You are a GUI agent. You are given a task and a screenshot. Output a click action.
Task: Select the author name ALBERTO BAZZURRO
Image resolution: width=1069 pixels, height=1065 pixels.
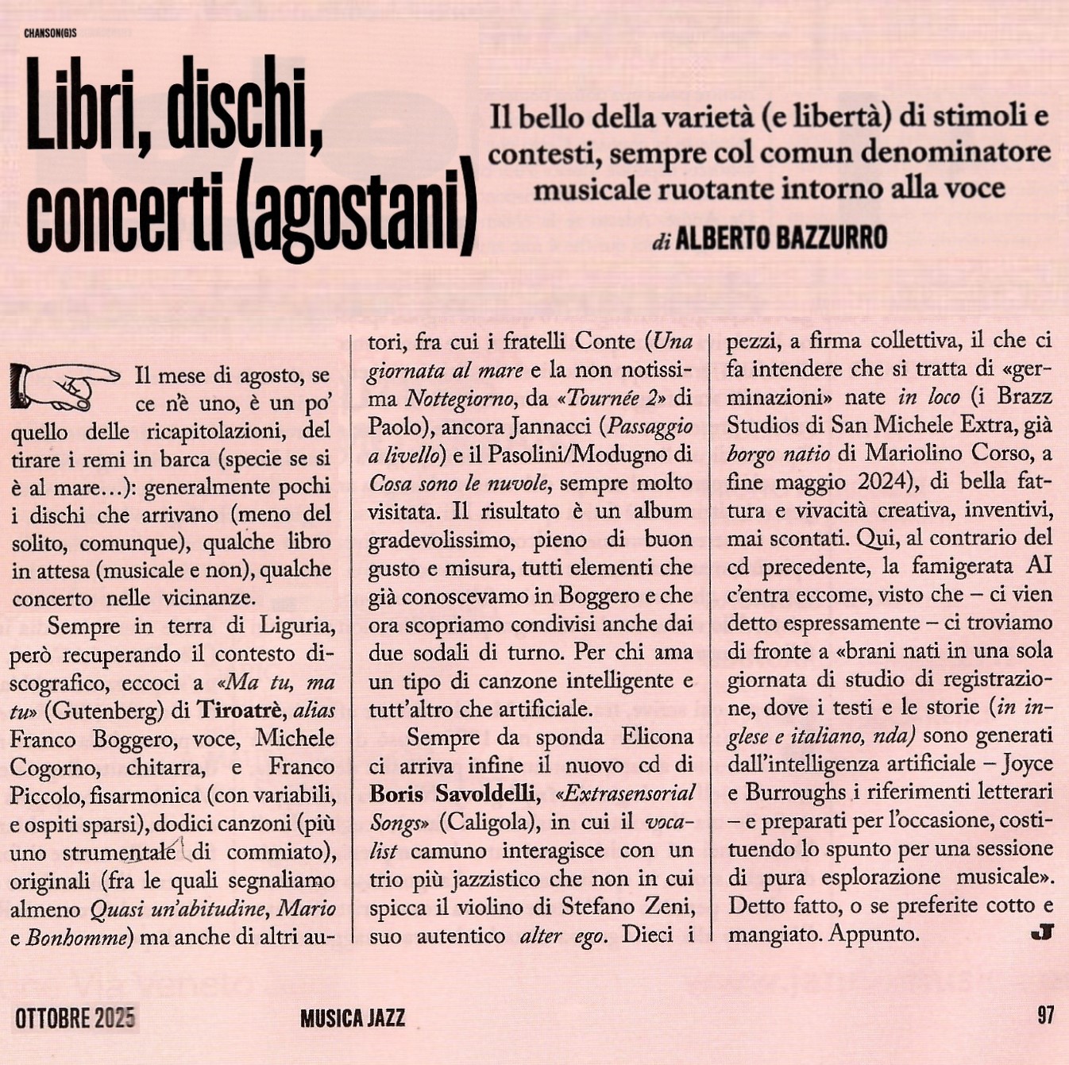click(x=781, y=237)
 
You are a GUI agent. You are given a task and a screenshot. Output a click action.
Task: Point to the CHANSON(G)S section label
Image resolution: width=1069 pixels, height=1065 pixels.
click(x=50, y=33)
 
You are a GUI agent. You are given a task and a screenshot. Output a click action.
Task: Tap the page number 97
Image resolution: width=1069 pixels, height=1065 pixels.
click(x=1044, y=1015)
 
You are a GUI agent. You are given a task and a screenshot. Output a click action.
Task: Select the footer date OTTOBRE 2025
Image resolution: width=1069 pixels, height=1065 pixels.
click(x=75, y=1017)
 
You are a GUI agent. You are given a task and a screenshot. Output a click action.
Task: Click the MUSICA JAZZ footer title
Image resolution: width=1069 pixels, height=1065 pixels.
click(x=353, y=1018)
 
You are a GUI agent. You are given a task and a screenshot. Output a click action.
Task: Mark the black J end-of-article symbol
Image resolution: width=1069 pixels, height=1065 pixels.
click(x=1041, y=932)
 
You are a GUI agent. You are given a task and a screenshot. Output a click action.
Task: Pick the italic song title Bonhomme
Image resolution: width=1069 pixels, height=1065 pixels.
click(x=77, y=938)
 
